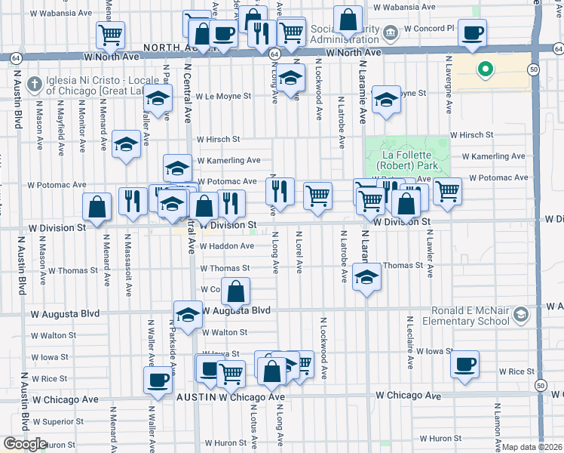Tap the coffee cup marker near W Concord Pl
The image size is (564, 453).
473,34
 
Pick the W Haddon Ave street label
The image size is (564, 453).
226,246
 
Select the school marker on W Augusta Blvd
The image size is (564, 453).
188,313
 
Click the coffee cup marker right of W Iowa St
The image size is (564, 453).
464,365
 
